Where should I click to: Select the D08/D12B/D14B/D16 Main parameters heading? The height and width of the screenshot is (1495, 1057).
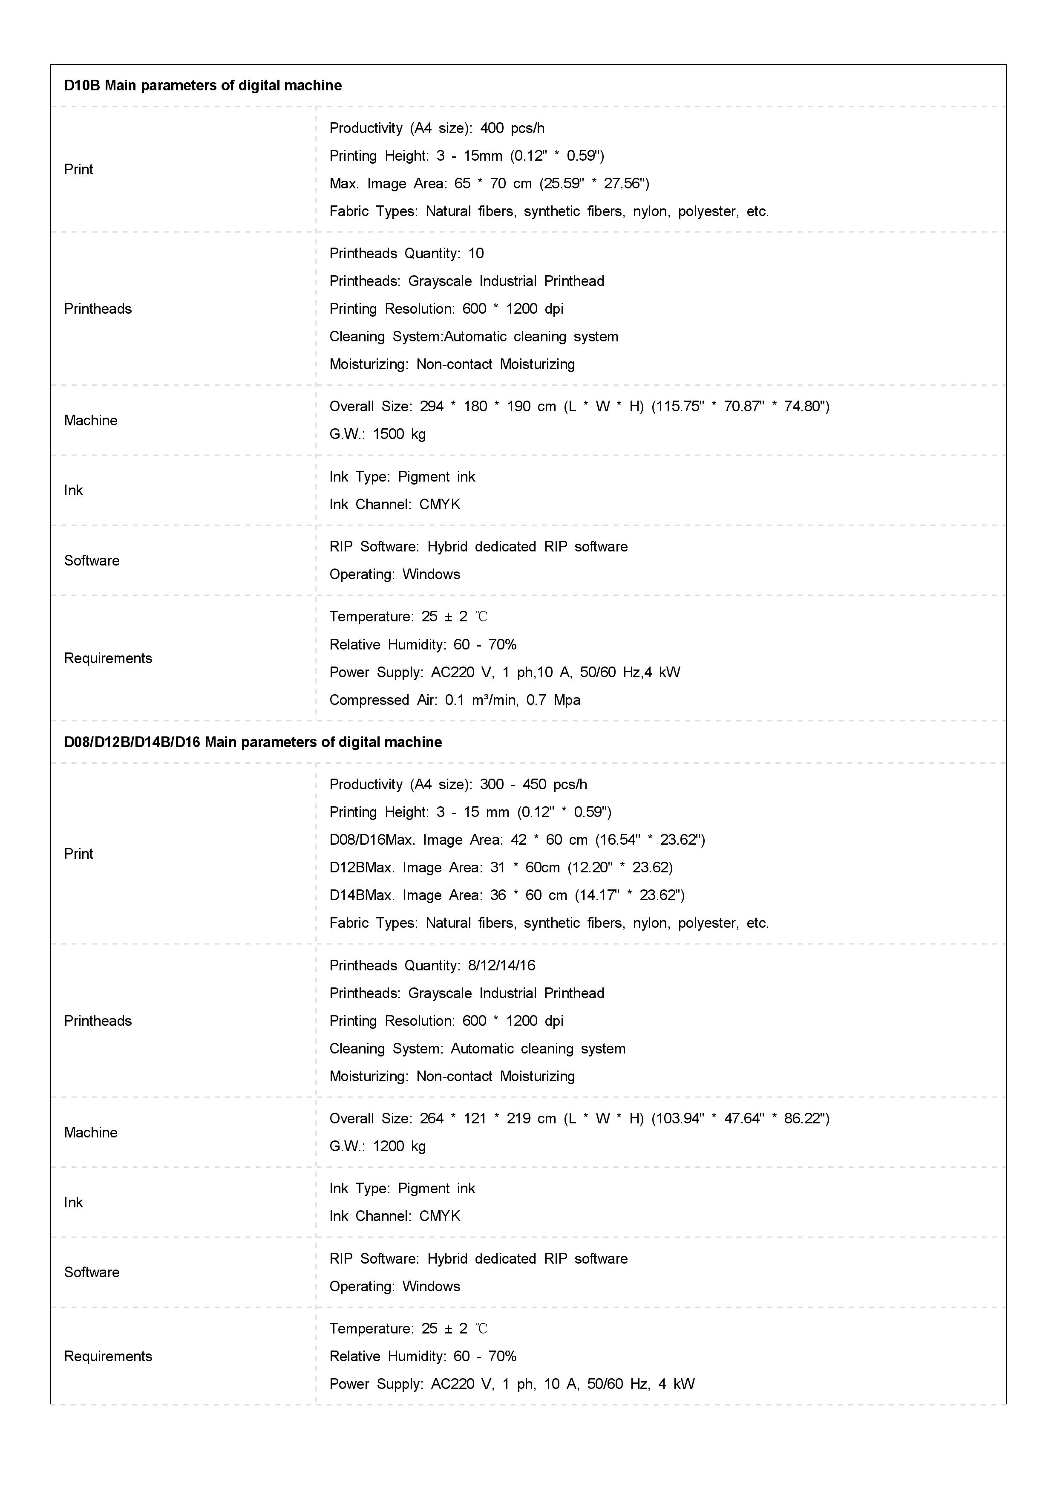(253, 742)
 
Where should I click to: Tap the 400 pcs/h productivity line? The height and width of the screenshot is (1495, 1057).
(437, 127)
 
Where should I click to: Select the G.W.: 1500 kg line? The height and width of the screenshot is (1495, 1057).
(377, 434)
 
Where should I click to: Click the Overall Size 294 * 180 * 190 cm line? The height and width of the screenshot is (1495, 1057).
(579, 406)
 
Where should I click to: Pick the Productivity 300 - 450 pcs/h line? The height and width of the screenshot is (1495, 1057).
(458, 784)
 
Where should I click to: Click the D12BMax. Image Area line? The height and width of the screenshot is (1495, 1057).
(501, 867)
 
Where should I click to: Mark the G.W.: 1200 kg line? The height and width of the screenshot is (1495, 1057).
(377, 1146)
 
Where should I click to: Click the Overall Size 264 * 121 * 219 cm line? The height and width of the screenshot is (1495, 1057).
(579, 1118)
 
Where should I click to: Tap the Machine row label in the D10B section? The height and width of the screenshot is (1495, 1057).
(90, 421)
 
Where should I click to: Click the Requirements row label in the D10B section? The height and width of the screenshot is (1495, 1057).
(108, 658)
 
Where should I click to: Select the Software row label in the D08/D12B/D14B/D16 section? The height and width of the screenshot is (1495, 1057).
(92, 1272)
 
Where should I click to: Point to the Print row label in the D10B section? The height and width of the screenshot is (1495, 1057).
(79, 169)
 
